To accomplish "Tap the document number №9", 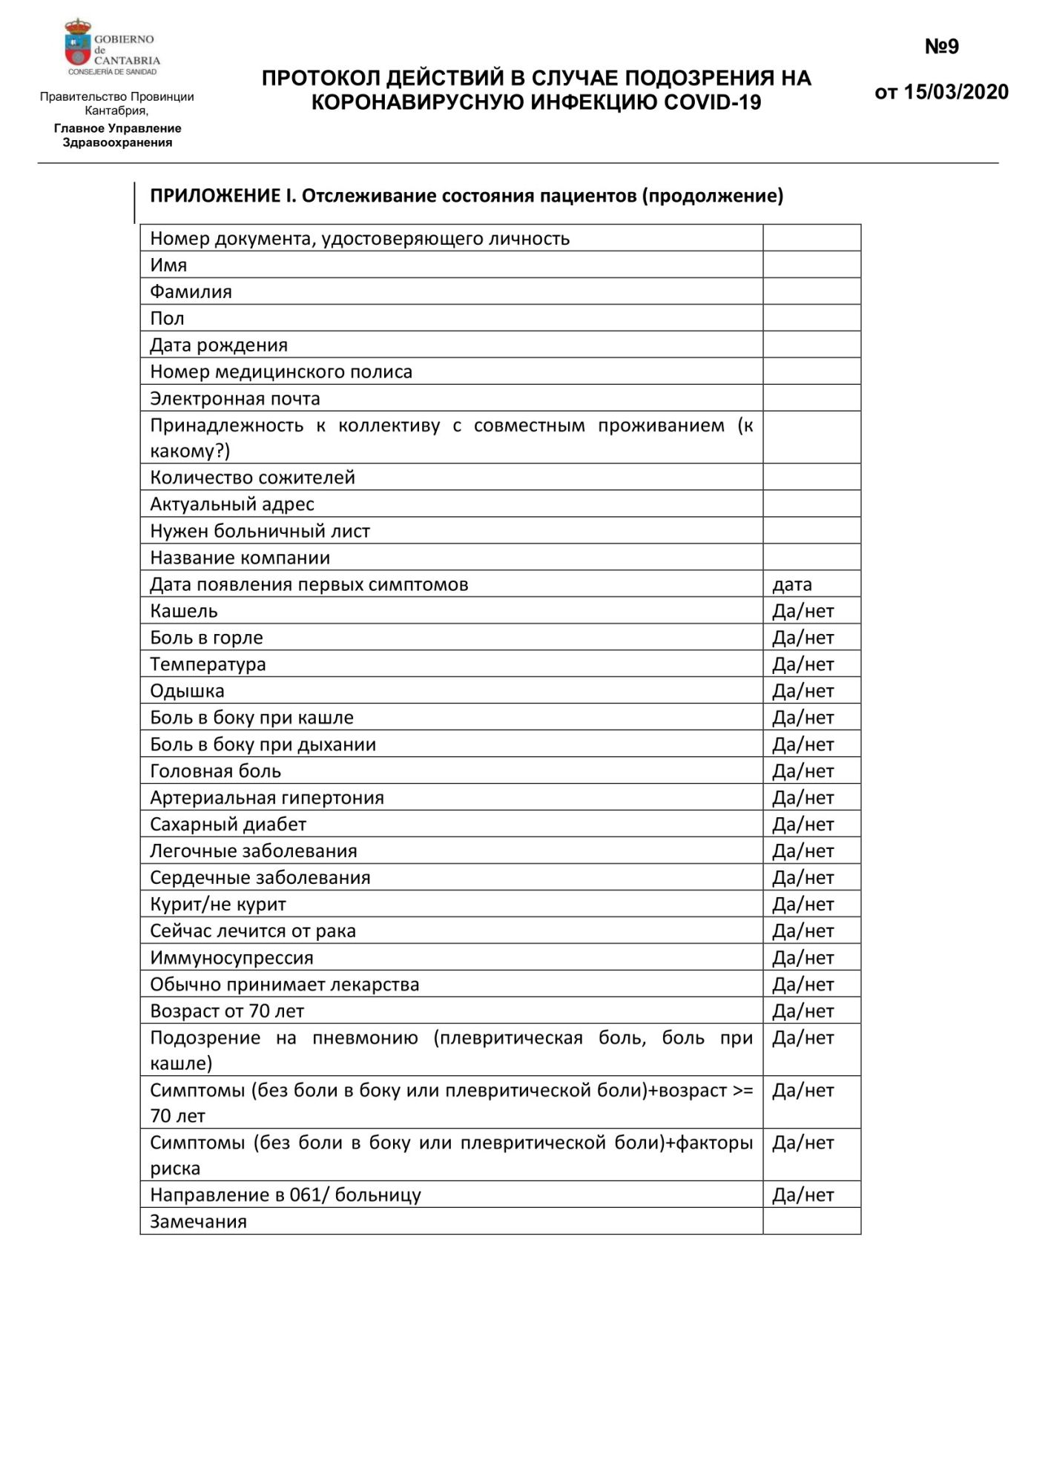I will click(941, 47).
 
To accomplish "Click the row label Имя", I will click(168, 265).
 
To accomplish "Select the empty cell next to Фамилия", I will click(811, 291).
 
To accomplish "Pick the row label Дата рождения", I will click(219, 345).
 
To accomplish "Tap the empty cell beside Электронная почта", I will click(811, 398).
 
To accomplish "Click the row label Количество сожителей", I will click(252, 477).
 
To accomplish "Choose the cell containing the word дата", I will click(792, 584).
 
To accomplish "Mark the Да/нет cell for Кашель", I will click(803, 611).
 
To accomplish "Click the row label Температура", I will click(208, 664).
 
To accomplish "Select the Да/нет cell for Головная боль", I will click(803, 771).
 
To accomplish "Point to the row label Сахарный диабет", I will click(228, 825).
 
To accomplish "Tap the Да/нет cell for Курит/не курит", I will click(803, 905).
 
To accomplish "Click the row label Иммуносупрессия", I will click(231, 958).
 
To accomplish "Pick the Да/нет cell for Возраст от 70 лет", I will click(803, 1011).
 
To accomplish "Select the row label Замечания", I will click(198, 1222).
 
